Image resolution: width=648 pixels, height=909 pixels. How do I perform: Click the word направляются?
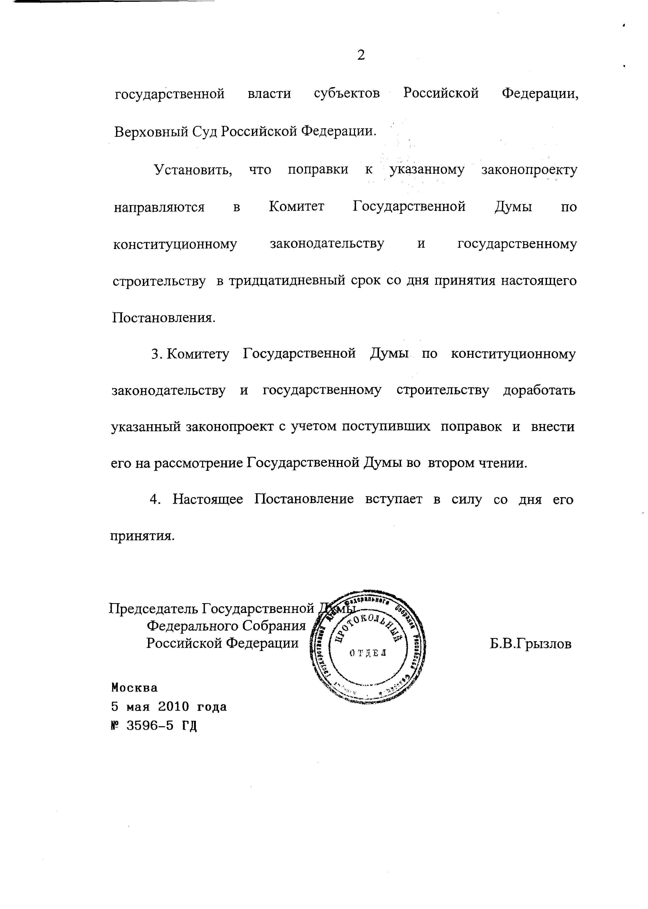click(x=159, y=207)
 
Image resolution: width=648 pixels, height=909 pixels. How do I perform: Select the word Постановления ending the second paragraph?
click(x=163, y=318)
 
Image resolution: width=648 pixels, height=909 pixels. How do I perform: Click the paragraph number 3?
click(x=156, y=354)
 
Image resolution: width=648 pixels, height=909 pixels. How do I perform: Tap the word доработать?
click(x=539, y=390)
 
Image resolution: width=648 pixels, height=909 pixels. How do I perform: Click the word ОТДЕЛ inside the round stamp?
click(x=367, y=653)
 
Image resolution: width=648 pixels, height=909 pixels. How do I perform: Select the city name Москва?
click(x=134, y=687)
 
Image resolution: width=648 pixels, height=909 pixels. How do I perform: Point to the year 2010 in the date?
click(x=174, y=707)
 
